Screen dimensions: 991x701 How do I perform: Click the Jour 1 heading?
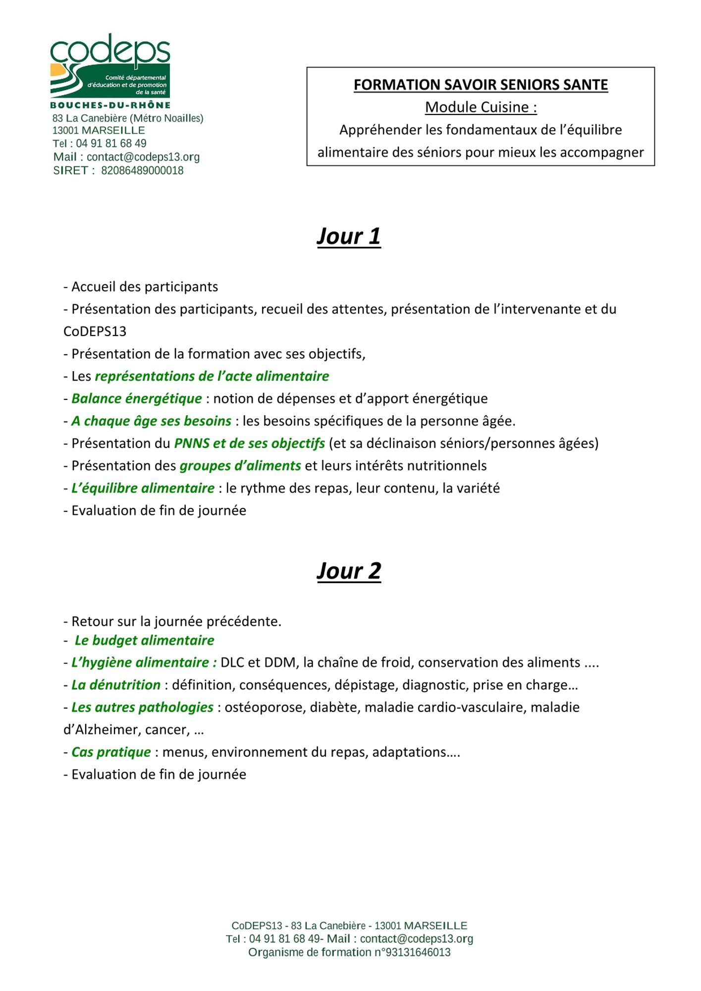click(x=349, y=236)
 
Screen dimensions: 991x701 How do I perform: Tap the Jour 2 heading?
click(x=349, y=571)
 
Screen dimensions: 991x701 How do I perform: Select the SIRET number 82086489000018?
click(x=142, y=171)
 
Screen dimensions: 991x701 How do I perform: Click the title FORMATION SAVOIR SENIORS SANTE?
click(x=481, y=85)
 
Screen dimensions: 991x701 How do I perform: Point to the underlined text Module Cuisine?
click(x=481, y=107)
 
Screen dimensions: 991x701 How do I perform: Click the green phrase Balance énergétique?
click(x=137, y=398)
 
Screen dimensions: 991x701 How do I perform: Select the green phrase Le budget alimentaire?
click(x=144, y=640)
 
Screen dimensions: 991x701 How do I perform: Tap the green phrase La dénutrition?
click(x=116, y=685)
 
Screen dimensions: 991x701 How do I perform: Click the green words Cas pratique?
click(x=111, y=752)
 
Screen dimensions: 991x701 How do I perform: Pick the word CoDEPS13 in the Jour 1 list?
click(x=95, y=331)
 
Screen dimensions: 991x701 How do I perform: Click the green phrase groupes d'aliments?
click(x=240, y=466)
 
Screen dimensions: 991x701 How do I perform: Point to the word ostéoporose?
click(x=264, y=707)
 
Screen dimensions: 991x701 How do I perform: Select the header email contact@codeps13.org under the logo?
click(x=143, y=157)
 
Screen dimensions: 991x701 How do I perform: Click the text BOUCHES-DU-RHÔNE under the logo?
click(x=110, y=105)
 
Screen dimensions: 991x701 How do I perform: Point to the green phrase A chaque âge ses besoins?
click(x=151, y=421)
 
